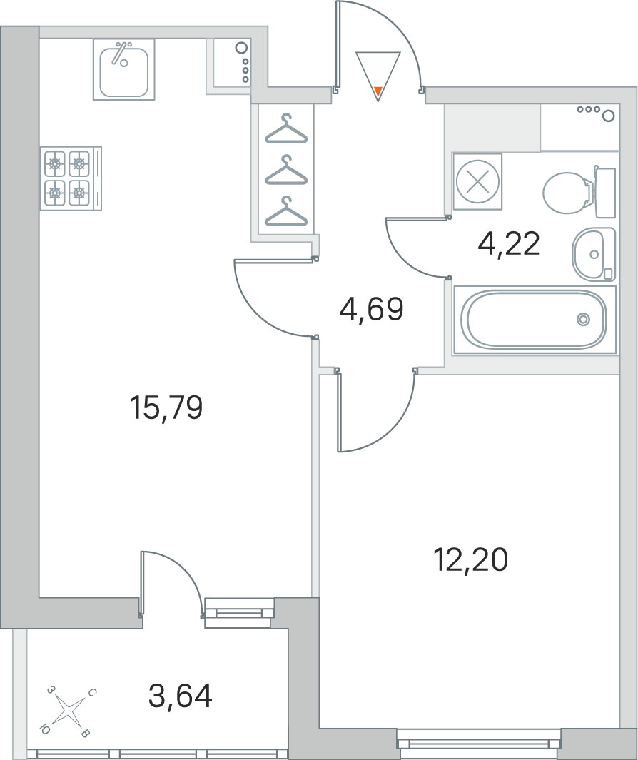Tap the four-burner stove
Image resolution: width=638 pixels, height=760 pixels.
pyautogui.click(x=71, y=178)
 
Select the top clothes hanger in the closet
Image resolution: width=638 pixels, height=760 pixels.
pyautogui.click(x=286, y=128)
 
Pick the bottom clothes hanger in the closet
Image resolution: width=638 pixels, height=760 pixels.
pyautogui.click(x=286, y=211)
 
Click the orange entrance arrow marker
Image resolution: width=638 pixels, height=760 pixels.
pyautogui.click(x=378, y=90)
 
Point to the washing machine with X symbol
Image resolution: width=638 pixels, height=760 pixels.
pyautogui.click(x=477, y=181)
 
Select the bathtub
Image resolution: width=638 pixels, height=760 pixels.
pyautogui.click(x=535, y=320)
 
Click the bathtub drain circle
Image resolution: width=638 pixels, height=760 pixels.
pyautogui.click(x=583, y=320)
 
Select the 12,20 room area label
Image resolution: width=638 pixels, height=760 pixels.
pyautogui.click(x=471, y=559)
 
